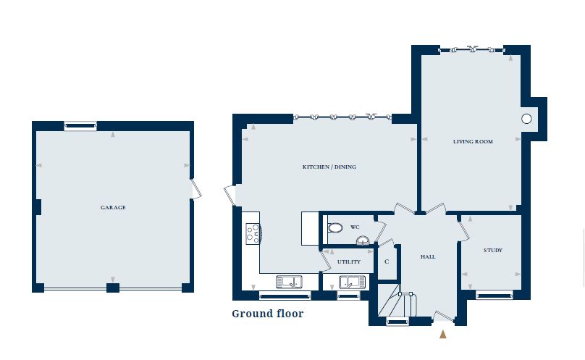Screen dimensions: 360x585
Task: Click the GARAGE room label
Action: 113,208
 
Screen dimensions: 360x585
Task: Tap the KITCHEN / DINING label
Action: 329,167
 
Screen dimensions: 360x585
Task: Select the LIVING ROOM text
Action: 473,142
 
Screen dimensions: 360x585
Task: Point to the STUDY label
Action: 492,251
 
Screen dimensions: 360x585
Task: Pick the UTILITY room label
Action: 348,261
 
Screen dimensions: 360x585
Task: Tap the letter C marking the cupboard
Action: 387,262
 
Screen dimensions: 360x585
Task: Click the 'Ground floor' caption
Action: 267,314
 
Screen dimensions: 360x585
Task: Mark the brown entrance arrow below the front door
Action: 443,334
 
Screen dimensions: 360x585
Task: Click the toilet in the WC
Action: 334,227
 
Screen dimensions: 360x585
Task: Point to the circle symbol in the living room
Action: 526,118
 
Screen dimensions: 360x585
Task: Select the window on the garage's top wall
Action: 80,126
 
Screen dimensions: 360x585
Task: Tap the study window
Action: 494,294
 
